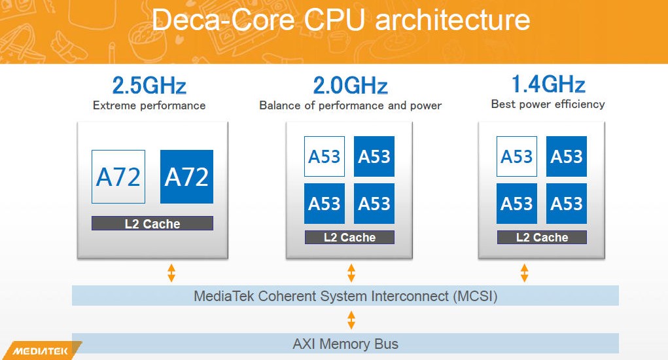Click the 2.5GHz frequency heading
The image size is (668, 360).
pos(149,86)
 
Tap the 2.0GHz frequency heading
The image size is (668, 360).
pos(350,86)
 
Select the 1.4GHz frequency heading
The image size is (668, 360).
pos(548,84)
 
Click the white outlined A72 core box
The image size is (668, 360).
pos(118,177)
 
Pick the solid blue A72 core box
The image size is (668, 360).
pos(186,177)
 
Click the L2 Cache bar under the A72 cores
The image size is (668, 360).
pos(152,223)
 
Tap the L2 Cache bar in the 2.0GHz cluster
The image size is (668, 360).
pos(349,237)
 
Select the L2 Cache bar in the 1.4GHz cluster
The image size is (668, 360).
pos(542,237)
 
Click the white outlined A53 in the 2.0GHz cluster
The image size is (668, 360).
pos(325,156)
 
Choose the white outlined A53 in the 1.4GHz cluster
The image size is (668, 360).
pos(517,156)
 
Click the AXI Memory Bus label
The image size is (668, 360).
pos(345,344)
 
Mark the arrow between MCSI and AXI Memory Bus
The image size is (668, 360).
pos(351,320)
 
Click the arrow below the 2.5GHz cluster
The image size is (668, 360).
pos(171,273)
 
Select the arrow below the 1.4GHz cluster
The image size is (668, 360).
pos(523,273)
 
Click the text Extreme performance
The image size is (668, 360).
pos(149,105)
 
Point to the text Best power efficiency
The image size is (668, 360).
pos(548,104)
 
